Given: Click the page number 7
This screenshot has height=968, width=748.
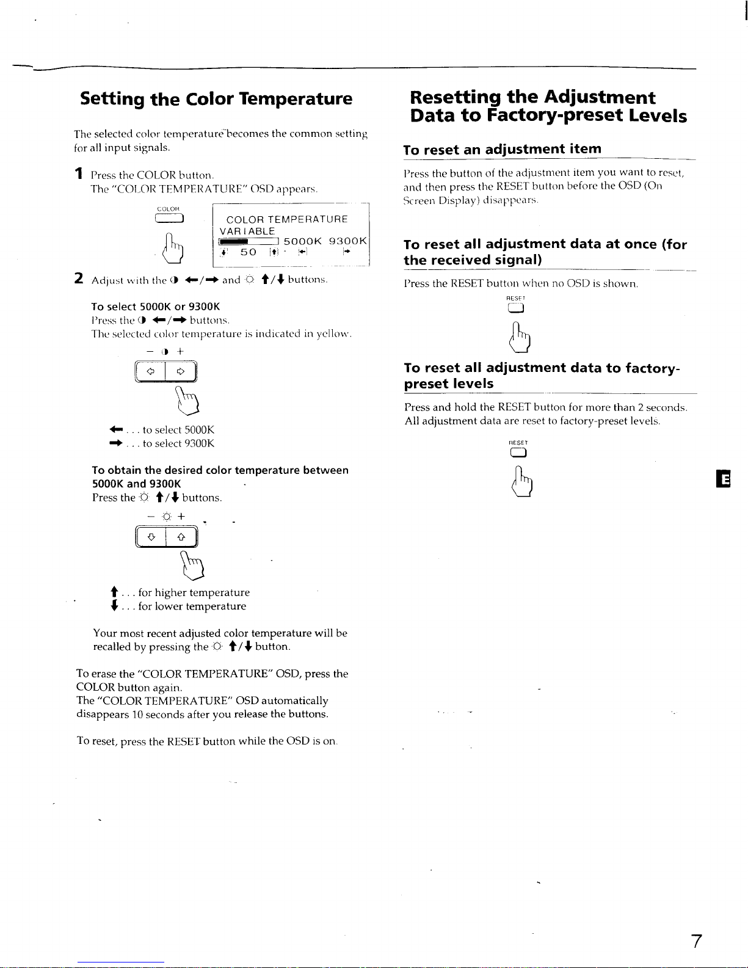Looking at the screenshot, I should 696,941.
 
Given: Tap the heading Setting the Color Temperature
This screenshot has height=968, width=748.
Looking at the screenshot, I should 216,99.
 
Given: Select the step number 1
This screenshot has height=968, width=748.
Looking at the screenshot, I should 78,174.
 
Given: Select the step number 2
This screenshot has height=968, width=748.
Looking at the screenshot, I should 79,278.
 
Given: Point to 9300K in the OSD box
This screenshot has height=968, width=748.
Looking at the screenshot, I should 347,241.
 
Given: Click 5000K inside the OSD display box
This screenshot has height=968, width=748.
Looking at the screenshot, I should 303,241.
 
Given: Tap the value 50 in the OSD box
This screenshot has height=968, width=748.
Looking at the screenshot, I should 248,252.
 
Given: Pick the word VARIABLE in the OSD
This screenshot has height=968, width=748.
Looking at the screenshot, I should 247,231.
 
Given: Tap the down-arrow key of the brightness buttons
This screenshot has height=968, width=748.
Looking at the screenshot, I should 152,537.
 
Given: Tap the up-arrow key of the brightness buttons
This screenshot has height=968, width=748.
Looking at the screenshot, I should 181,537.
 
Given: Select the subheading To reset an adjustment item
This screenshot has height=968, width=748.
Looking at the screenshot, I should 502,149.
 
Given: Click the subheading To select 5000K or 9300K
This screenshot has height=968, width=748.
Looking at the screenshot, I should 155,307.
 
